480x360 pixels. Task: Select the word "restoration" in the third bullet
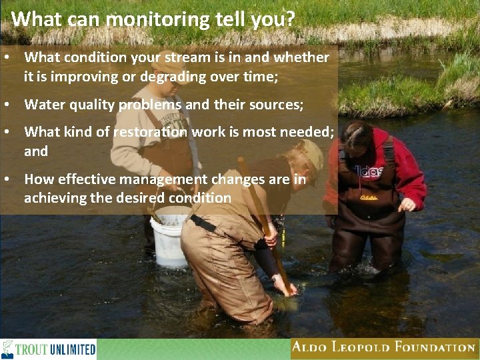[151, 132]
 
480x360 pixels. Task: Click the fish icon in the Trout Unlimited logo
[8, 349]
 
